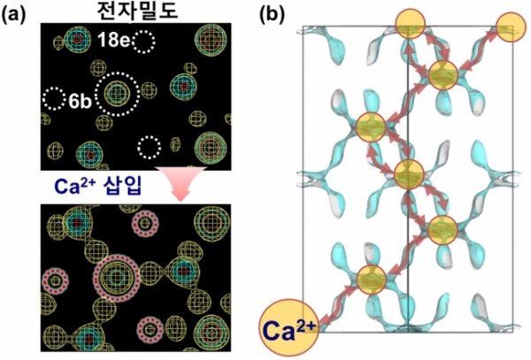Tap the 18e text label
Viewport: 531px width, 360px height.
[117, 39]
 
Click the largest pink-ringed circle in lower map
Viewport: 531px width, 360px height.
[117, 276]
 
